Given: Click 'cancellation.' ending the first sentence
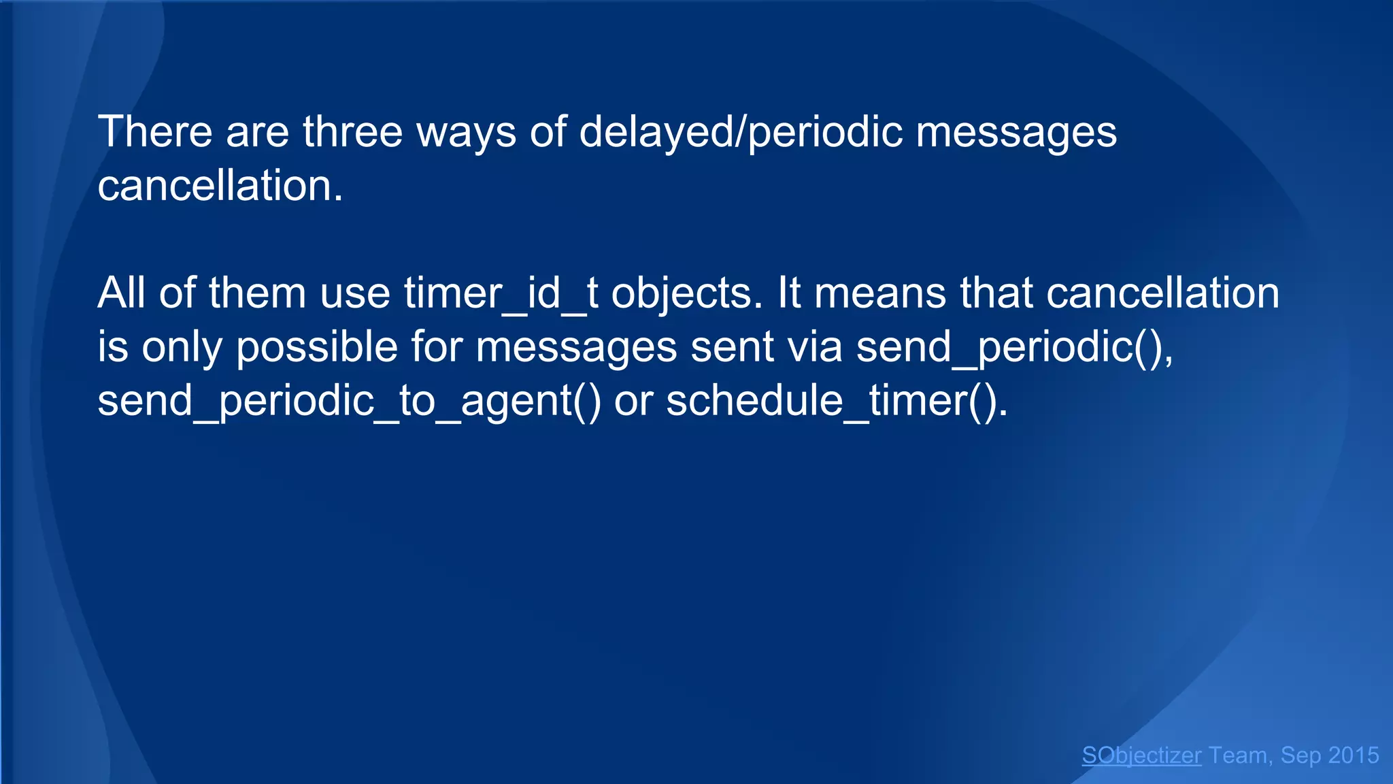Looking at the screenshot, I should click(x=220, y=185).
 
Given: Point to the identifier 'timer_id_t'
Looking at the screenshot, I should click(x=501, y=293).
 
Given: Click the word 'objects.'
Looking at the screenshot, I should click(x=687, y=293).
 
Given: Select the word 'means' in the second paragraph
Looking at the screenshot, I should click(x=879, y=293).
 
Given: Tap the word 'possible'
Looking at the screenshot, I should click(x=316, y=347).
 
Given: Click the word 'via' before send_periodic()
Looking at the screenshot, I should click(x=815, y=347).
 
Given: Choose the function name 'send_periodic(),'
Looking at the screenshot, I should click(x=1014, y=347).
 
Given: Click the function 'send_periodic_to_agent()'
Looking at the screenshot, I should click(x=349, y=401).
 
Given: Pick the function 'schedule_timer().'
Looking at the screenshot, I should click(x=837, y=401).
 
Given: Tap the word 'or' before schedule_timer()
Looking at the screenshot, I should click(x=633, y=401).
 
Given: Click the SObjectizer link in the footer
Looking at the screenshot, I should click(x=1141, y=755).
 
